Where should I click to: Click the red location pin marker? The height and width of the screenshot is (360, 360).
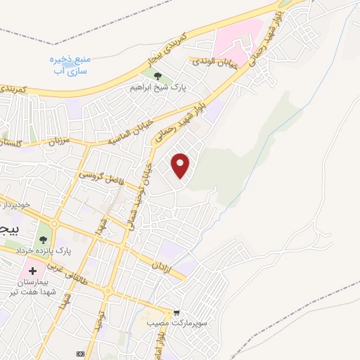(x=181, y=165)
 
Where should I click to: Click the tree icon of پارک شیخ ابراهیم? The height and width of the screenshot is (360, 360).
(x=157, y=77)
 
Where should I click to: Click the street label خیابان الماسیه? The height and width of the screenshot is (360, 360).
(x=131, y=133)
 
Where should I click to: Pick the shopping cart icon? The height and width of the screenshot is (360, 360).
(x=176, y=313)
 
